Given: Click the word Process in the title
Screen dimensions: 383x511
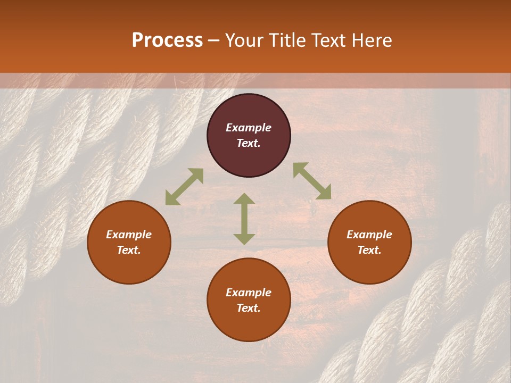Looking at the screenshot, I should coord(167,40).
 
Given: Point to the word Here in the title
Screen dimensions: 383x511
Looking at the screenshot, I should coord(373,40).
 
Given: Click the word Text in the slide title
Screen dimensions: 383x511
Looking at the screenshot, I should coord(329,40).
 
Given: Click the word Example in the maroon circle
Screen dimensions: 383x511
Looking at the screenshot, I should coord(249,128).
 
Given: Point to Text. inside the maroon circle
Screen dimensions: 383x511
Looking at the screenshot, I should coord(249,143).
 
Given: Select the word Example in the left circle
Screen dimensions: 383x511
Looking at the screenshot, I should coord(129,235).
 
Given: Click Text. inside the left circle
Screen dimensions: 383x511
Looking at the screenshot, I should coord(129,250).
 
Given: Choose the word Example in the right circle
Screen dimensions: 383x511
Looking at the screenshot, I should coord(369,235).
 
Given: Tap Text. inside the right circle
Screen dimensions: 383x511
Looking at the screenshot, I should coord(369,250).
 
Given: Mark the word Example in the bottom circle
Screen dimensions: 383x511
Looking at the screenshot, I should coord(249,293).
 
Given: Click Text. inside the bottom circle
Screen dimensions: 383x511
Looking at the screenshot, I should coord(249,308).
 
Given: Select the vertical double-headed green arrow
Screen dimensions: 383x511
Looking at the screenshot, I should coord(244,219).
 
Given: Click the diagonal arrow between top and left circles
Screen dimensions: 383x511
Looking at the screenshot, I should coord(184,187).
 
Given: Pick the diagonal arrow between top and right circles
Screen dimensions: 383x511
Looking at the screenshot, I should coord(312,181).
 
